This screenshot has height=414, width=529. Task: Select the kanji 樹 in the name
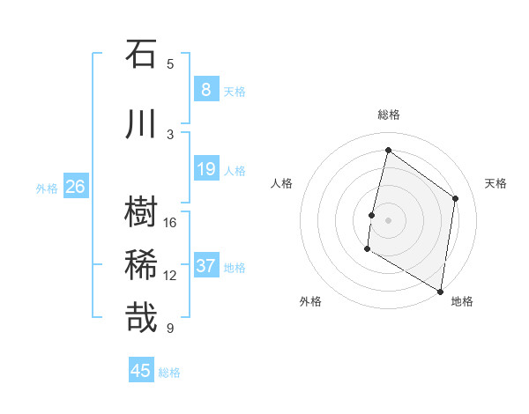[141, 212]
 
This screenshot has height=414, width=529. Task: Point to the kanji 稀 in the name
[141, 265]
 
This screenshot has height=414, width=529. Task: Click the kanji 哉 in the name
[141, 318]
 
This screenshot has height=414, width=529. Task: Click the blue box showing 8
[205, 89]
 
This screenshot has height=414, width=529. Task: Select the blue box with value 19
[205, 168]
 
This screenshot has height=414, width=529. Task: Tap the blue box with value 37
[205, 265]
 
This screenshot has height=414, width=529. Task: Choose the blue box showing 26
[75, 186]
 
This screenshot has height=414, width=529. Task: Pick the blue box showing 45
[141, 371]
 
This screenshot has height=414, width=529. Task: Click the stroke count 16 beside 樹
[170, 223]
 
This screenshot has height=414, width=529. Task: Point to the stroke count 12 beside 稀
[170, 276]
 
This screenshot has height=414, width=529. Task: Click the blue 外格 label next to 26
[47, 188]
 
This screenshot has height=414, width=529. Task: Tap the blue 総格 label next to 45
[169, 373]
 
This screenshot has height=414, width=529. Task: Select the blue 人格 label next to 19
[235, 170]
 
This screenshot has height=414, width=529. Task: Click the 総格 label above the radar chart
[388, 115]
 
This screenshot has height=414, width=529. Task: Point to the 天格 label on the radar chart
[495, 183]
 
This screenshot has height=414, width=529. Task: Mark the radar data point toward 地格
[440, 291]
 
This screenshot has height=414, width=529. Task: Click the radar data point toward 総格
[388, 151]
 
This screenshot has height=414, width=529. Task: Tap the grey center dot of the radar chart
[388, 219]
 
